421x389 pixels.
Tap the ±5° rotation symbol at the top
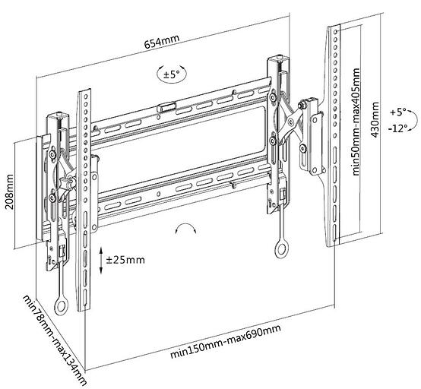[169, 74]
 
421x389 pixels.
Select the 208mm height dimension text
[10, 193]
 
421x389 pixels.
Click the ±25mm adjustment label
[125, 260]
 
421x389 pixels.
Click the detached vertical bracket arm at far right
[334, 137]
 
